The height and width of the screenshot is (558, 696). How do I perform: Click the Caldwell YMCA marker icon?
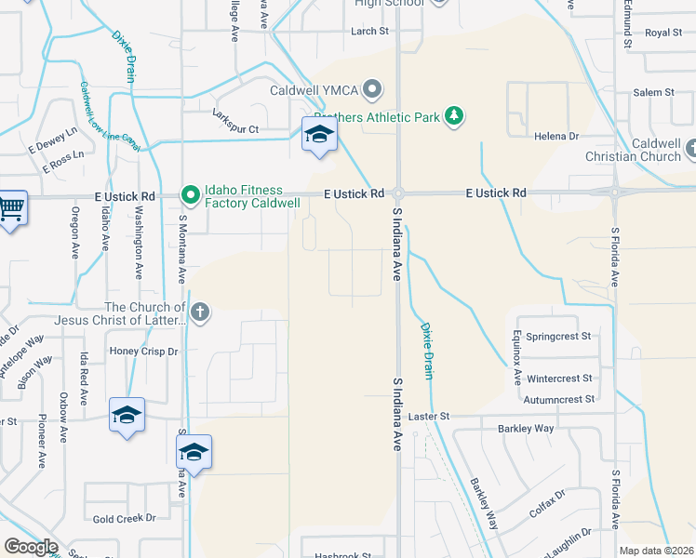pyautogui.click(x=372, y=90)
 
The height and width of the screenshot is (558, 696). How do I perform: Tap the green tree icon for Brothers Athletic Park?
pyautogui.click(x=454, y=116)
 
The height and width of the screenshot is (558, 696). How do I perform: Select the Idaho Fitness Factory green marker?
pyautogui.click(x=191, y=194)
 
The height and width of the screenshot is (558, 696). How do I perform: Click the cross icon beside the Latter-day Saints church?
pyautogui.click(x=199, y=313)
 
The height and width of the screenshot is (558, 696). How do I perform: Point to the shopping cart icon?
pyautogui.click(x=11, y=208)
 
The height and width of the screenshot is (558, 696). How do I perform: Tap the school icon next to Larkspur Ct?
pyautogui.click(x=319, y=136)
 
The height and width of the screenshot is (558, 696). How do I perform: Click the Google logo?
pyautogui.click(x=31, y=547)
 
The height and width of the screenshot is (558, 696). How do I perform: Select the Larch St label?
pyautogui.click(x=369, y=32)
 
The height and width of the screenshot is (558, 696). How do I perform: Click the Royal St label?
pyautogui.click(x=663, y=33)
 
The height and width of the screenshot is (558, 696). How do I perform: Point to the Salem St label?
pyautogui.click(x=653, y=93)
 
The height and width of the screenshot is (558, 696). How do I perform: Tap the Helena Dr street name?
pyautogui.click(x=556, y=137)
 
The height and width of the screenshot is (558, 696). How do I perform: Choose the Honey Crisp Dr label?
pyautogui.click(x=143, y=352)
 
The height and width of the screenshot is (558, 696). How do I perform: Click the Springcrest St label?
pyautogui.click(x=558, y=336)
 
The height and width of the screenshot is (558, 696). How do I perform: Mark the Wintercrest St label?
pyautogui.click(x=559, y=379)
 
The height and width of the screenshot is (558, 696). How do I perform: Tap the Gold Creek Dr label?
pyautogui.click(x=124, y=518)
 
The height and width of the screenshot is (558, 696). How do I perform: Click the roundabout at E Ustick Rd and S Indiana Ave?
pyautogui.click(x=397, y=193)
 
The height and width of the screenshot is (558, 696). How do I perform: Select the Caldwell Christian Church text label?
pyautogui.click(x=642, y=151)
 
